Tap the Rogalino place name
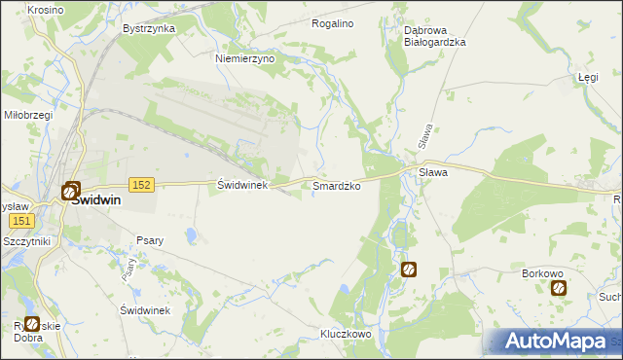pos(331,22)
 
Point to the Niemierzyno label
pos(245,58)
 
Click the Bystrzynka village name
pos(149,28)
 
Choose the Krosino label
pos(46,9)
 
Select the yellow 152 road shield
pos(141,185)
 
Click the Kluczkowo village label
pos(347,334)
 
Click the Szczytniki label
pos(26,240)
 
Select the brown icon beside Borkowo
pos(558,288)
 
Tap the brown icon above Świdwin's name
pos(71,192)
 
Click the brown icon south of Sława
pos(409,270)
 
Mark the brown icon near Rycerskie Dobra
pos(32,324)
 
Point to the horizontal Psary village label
pos(150,239)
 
